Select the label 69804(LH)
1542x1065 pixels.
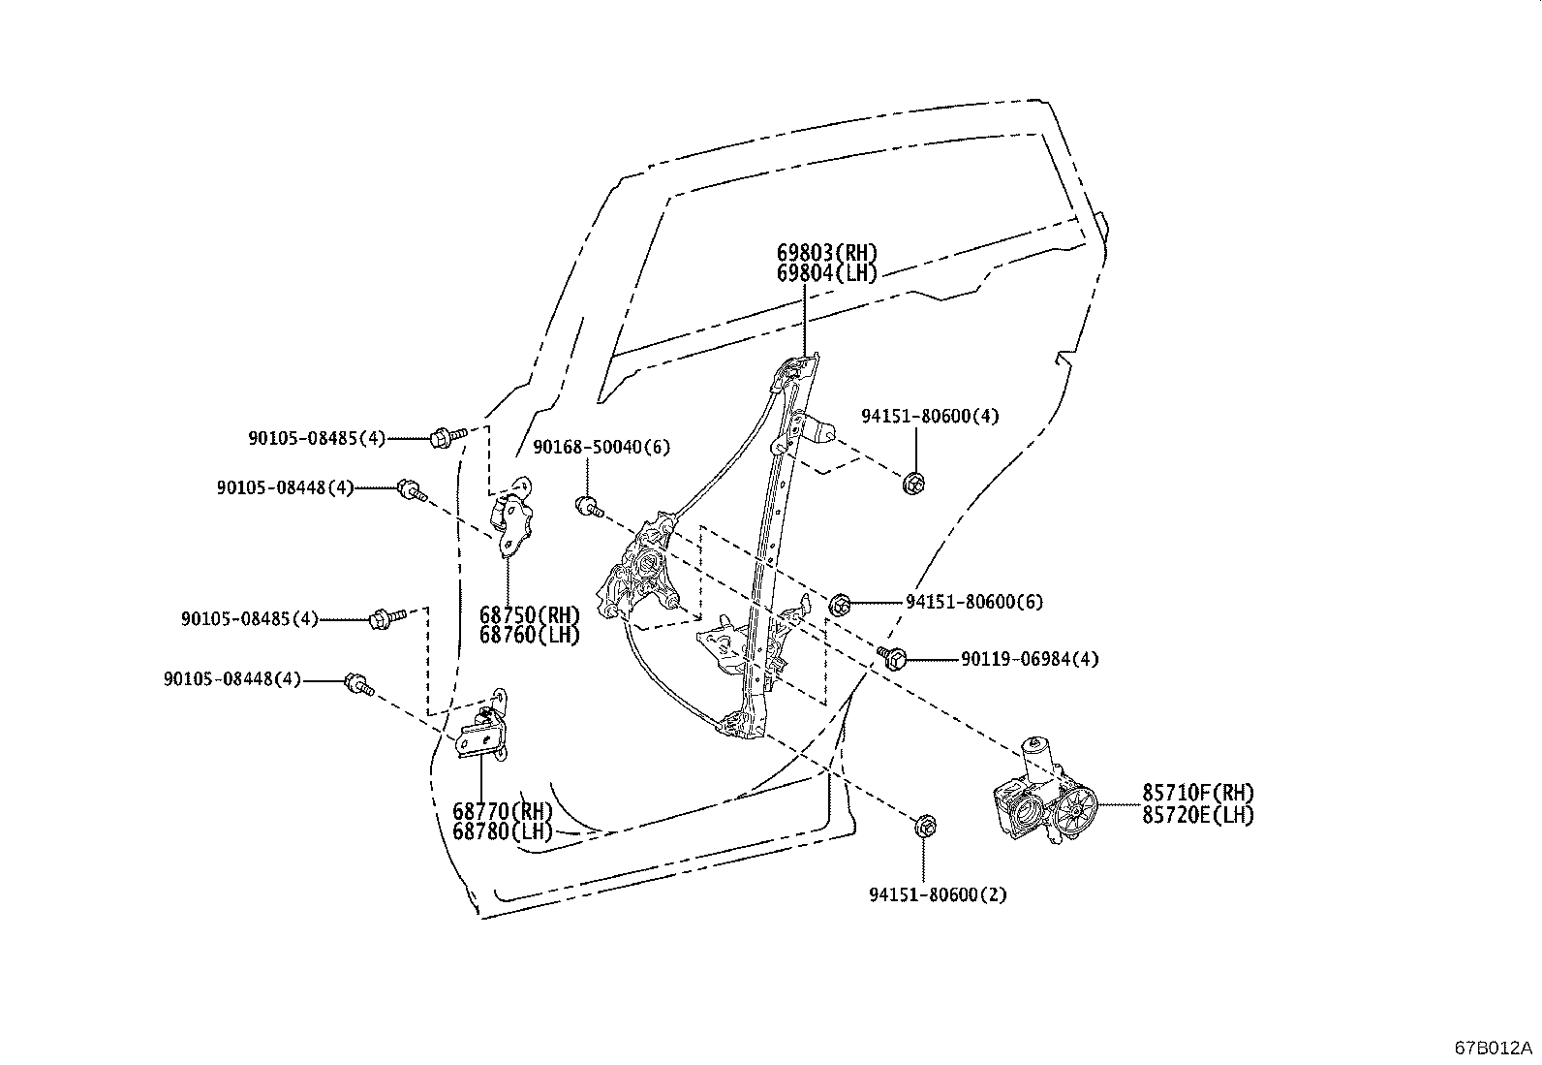[x=826, y=273]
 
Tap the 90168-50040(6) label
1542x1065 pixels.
[x=601, y=447]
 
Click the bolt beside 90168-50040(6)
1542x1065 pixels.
[x=588, y=506]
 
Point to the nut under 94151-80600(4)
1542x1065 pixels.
[x=912, y=482]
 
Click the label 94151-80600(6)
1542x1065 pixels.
[x=973, y=602]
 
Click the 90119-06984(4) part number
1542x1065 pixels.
[x=1029, y=659]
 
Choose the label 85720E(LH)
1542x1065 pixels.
[x=1197, y=815]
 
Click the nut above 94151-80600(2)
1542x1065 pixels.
[x=924, y=827]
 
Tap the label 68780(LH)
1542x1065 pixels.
[x=502, y=831]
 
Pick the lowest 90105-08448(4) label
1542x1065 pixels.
[x=231, y=679]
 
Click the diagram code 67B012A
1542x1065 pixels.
[x=1493, y=1049]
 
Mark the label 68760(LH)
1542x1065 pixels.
[x=529, y=636]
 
